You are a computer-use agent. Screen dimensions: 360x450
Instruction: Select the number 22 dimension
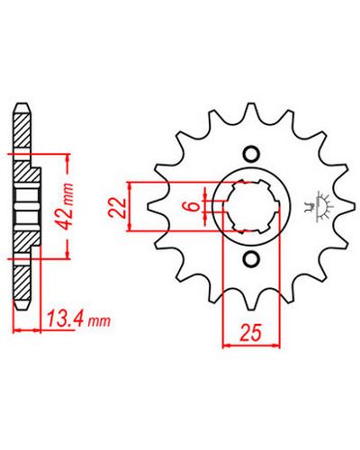click(x=117, y=207)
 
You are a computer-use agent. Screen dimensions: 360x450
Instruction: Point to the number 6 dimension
click(x=194, y=206)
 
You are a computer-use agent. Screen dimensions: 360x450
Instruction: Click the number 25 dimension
click(x=250, y=332)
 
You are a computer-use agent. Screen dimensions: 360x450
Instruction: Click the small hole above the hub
click(x=251, y=154)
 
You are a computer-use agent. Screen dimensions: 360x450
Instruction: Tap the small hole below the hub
click(x=251, y=258)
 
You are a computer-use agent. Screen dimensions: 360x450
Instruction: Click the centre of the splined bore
click(x=251, y=206)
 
